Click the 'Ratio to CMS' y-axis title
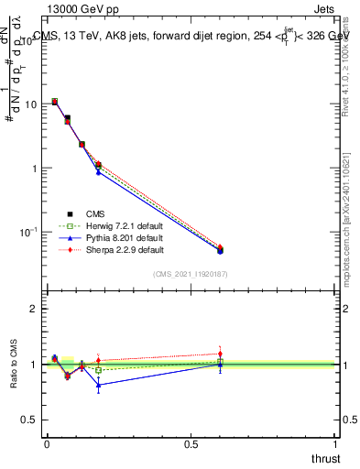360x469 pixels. tap(15, 364)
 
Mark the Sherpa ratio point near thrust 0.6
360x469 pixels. tap(220, 354)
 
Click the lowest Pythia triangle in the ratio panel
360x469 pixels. tap(98, 385)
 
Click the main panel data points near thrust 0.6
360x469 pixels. tap(220, 249)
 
